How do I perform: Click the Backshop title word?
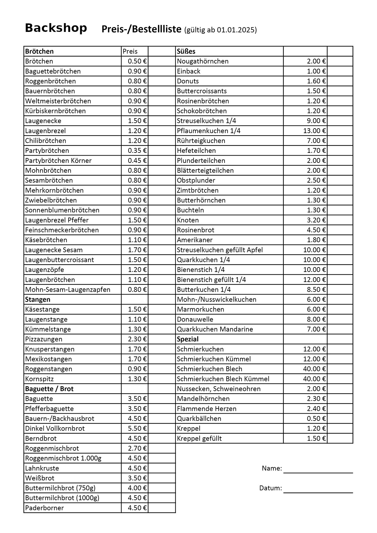tap(56, 28)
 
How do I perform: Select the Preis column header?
tap(130, 51)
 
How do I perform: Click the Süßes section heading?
tap(186, 51)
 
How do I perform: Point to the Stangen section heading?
tap(38, 299)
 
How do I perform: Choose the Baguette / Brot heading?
tap(49, 389)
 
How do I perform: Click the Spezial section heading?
tap(187, 339)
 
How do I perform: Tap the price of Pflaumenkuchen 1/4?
tap(314, 131)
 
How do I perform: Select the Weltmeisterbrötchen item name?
tap(58, 101)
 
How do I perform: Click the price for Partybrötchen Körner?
tap(137, 160)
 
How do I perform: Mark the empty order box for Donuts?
tap(340, 81)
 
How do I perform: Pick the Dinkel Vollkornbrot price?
tap(137, 428)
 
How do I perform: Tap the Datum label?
tap(270, 488)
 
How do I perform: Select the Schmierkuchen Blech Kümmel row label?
tap(223, 379)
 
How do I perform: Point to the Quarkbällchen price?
tap(316, 418)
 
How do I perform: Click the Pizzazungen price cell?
tap(137, 339)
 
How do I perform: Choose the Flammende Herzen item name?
tap(207, 409)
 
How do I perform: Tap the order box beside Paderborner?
tap(162, 508)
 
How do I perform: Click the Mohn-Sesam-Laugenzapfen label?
tap(68, 290)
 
